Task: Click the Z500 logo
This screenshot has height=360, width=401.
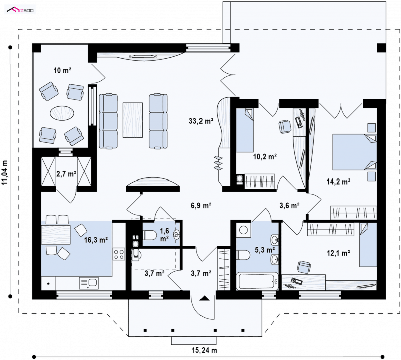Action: pyautogui.click(x=20, y=10)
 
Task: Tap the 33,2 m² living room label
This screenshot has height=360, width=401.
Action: pyautogui.click(x=201, y=121)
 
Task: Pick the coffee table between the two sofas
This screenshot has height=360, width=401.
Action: pyautogui.click(x=133, y=120)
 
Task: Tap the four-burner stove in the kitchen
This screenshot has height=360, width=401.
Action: pyautogui.click(x=119, y=254)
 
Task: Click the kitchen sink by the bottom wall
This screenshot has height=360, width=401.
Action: pyautogui.click(x=89, y=283)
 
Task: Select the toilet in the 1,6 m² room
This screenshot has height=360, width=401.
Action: pyautogui.click(x=149, y=235)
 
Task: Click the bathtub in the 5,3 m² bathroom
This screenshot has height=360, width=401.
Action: pyautogui.click(x=257, y=281)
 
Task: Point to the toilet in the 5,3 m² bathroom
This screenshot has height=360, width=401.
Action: pyautogui.click(x=243, y=255)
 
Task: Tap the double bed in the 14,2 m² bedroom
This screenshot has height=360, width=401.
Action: pyautogui.click(x=354, y=152)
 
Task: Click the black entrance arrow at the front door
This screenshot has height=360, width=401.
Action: pyautogui.click(x=204, y=298)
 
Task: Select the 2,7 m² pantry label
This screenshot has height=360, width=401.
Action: pyautogui.click(x=66, y=174)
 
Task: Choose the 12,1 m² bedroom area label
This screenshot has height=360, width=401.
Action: pyautogui.click(x=338, y=253)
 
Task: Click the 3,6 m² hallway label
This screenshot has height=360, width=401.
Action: pyautogui.click(x=290, y=205)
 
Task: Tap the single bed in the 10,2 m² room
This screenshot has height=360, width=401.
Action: pyautogui.click(x=245, y=130)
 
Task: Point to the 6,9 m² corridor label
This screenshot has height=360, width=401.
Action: pyautogui.click(x=201, y=205)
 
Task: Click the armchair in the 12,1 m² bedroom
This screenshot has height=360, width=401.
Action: pyautogui.click(x=304, y=267)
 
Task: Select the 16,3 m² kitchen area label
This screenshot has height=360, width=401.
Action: pyautogui.click(x=96, y=240)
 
